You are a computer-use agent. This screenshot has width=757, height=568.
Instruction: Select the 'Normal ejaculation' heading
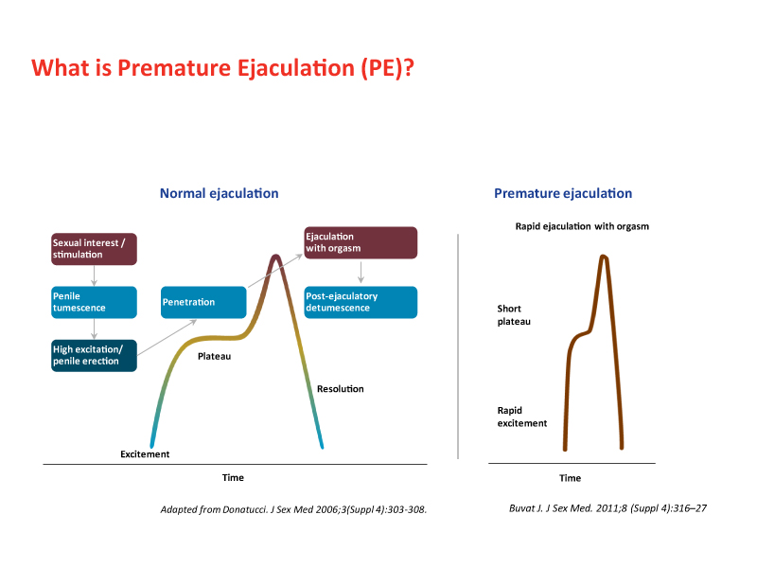219,193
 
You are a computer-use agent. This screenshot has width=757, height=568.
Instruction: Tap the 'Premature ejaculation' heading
563,193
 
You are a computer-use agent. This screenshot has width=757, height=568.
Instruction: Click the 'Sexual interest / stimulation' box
95,249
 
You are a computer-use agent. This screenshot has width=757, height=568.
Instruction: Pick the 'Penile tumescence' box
95,302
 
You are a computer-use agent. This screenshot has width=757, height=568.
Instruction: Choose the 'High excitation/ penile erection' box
95,355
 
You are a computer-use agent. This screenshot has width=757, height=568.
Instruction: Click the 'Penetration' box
203,302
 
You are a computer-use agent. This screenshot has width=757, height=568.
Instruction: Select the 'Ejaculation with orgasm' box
360,242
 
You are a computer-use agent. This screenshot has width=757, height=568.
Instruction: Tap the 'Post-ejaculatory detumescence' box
360,302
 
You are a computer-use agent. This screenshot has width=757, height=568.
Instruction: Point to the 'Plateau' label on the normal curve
214,357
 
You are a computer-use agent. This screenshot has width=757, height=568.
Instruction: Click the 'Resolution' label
341,389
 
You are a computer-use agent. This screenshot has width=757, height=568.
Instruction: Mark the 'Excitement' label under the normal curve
145,454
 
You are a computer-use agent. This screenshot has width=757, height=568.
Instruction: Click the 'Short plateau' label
514,315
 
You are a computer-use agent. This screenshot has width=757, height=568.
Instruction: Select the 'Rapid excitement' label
522,417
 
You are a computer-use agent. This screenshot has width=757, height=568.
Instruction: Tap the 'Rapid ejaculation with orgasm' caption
582,226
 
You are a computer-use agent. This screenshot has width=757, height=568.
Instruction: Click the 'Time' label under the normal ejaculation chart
233,477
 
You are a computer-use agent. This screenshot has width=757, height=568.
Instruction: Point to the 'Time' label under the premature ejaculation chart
570,478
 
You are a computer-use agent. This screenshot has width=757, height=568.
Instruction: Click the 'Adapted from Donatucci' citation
294,509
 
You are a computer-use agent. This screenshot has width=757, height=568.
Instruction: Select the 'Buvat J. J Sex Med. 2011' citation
608,508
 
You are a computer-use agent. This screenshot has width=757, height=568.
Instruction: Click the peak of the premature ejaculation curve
603,257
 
